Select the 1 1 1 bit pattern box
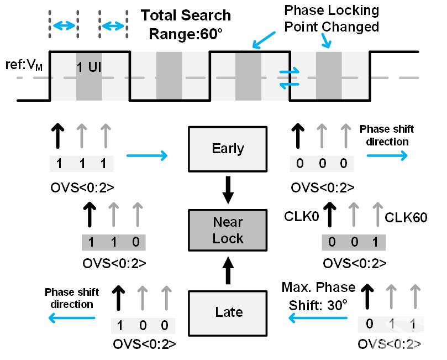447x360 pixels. [82, 164]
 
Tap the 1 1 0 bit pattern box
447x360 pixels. [113, 243]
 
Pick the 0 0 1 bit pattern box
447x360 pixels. [354, 243]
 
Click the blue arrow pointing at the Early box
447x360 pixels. [147, 156]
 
